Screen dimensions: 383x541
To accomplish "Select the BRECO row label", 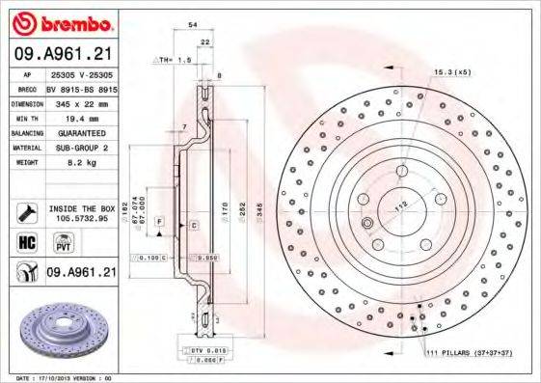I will coord(28,87).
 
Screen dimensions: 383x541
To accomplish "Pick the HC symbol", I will coord(26,243).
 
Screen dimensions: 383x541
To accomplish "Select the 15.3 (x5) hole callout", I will coord(453,72).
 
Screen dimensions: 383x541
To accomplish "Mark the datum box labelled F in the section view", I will coord(157,222).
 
